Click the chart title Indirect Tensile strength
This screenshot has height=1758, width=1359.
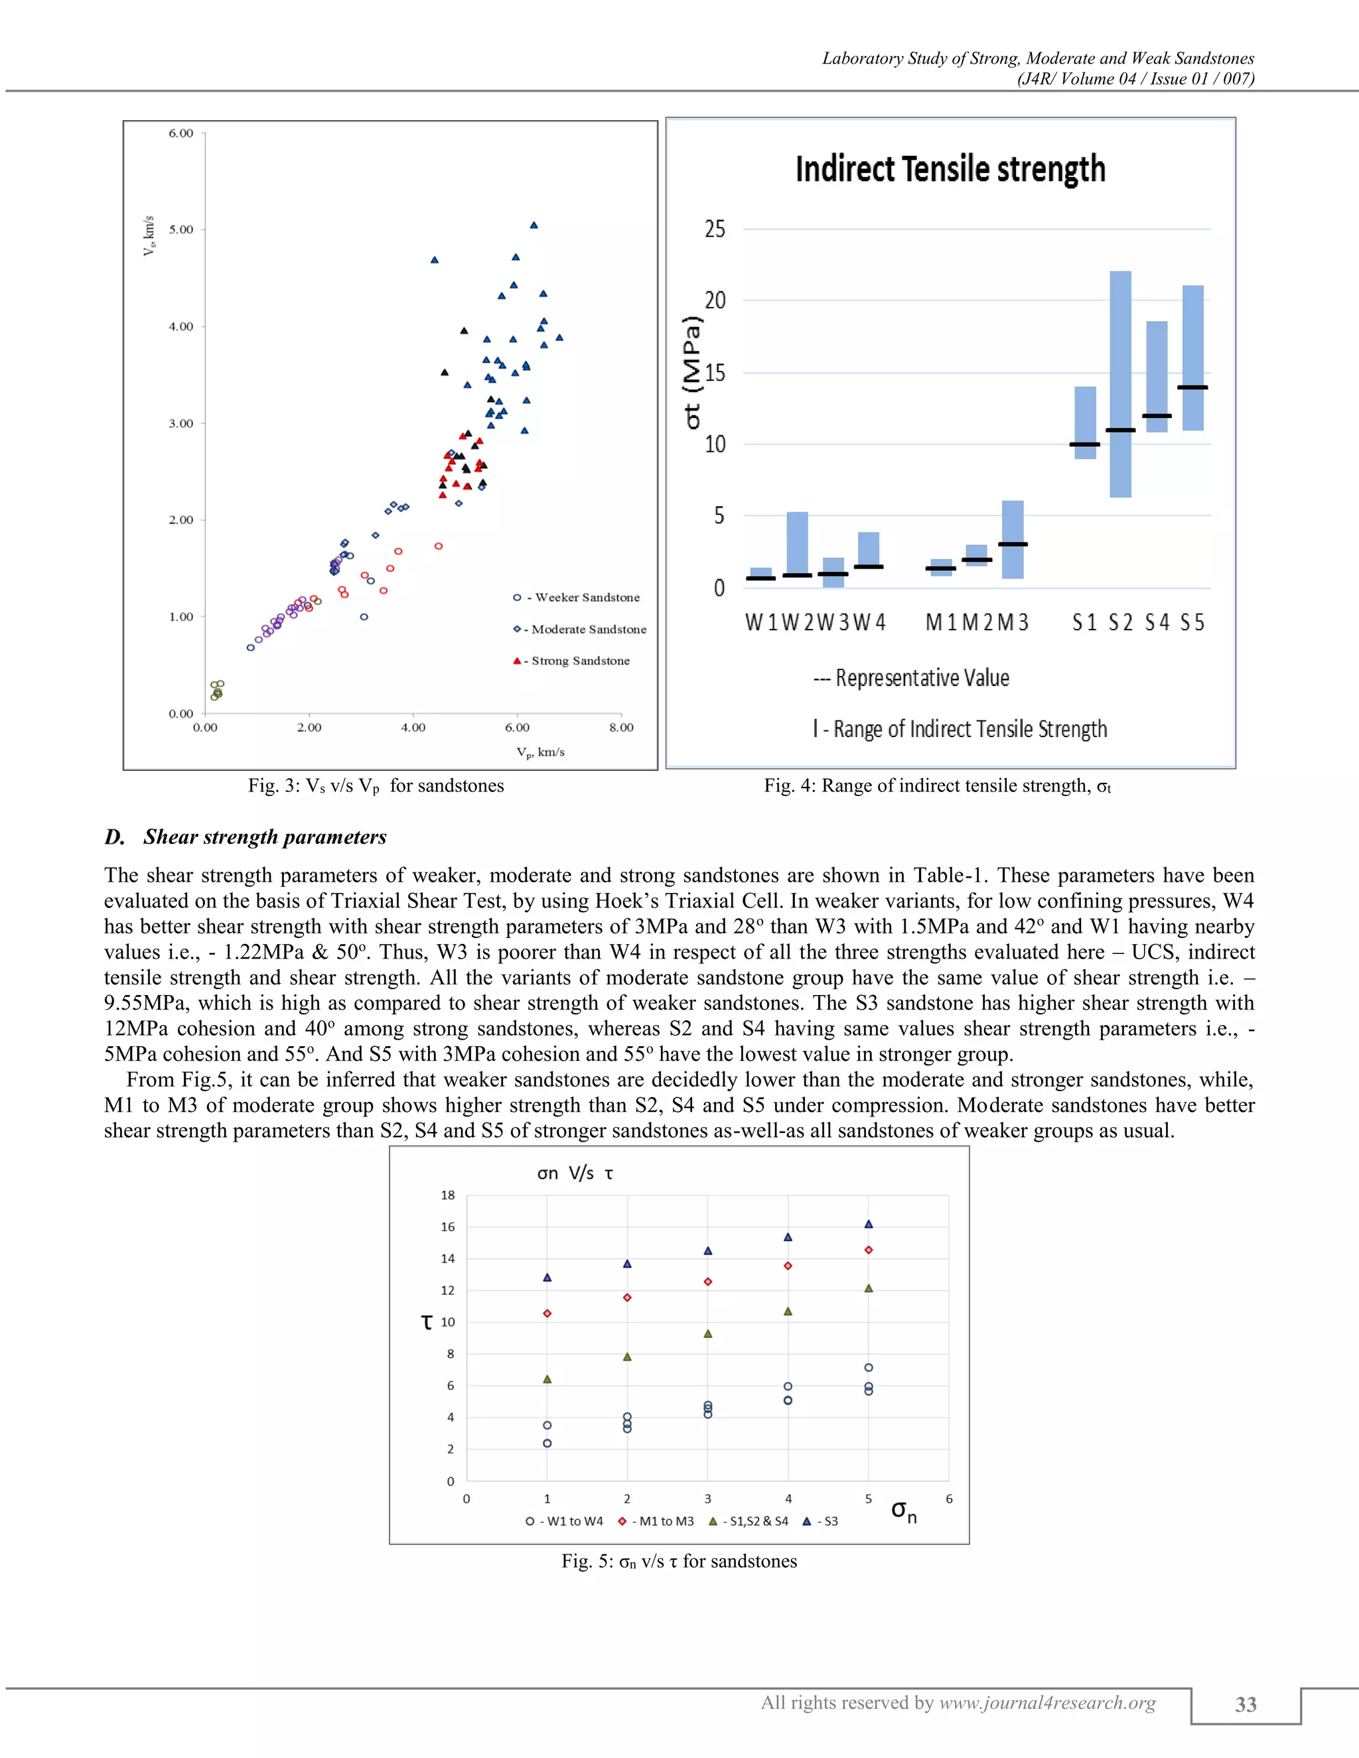[950, 170]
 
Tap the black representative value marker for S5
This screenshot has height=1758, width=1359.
[1192, 387]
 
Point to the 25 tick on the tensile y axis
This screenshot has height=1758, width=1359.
[715, 230]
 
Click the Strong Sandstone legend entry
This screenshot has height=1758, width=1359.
[573, 661]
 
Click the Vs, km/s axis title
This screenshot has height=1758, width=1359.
[148, 236]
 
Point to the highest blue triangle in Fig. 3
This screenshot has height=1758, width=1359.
[534, 226]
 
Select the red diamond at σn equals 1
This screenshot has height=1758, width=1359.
[547, 1314]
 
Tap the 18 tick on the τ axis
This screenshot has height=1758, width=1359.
[448, 1195]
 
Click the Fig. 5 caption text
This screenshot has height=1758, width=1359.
[679, 1562]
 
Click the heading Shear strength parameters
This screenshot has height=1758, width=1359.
[264, 837]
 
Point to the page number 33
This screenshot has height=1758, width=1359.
[1246, 1704]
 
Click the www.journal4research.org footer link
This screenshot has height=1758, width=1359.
[1047, 1702]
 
